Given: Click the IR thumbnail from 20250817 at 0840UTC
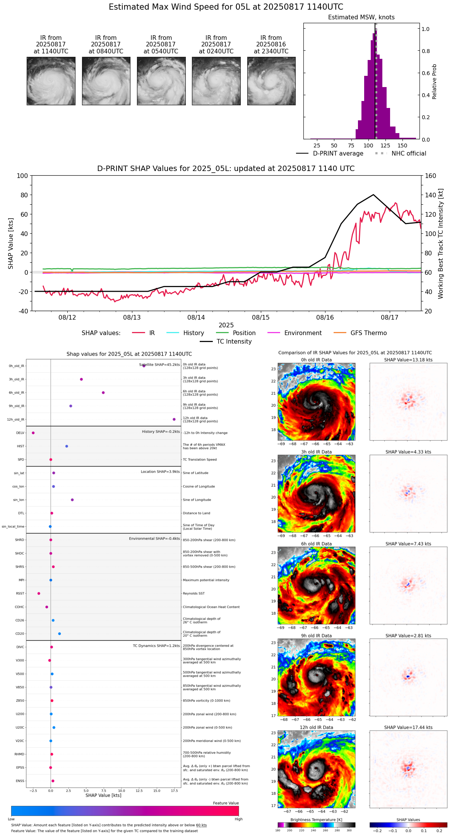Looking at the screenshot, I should [x=106, y=81].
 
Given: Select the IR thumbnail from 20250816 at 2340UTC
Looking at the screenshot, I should [x=271, y=81].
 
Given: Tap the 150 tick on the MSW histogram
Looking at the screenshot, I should [x=402, y=145].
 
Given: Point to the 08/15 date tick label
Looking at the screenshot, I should [x=260, y=318].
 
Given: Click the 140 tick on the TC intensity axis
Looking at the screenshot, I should [x=430, y=195].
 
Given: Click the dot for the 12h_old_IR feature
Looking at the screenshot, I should [x=174, y=419].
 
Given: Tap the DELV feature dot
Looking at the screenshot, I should [x=33, y=433].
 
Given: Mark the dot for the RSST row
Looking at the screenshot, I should [x=39, y=594].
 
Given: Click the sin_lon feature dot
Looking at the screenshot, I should [x=72, y=500].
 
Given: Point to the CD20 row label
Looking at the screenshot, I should [x=20, y=634].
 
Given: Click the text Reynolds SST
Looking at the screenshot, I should [x=194, y=594].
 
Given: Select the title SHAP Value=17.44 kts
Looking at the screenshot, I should [x=408, y=727].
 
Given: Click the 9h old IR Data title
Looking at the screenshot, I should [x=316, y=636].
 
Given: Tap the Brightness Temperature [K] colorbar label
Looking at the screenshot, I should [x=316, y=820].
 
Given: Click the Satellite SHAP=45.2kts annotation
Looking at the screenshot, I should [x=159, y=365].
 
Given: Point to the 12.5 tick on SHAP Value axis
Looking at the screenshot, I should [x=139, y=791].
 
